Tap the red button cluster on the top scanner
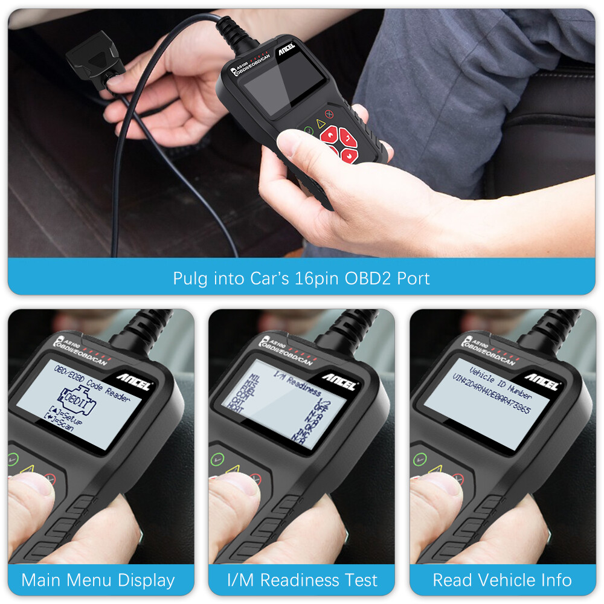coord(336,144)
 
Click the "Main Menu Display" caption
coord(98,580)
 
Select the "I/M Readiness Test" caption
coord(302,580)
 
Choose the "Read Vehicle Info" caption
coord(502,580)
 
